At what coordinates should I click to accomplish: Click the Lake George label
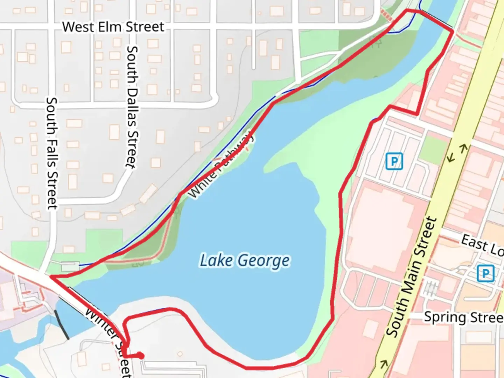tap(245, 261)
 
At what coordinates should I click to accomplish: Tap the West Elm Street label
tap(113, 27)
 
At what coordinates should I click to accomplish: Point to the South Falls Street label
tap(52, 153)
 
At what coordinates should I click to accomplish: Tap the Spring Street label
tap(463, 317)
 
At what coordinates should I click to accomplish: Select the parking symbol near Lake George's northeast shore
tap(394, 161)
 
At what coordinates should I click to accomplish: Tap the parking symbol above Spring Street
tap(485, 273)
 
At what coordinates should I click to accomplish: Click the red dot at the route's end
tap(140, 356)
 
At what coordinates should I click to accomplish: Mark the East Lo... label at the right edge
tap(482, 245)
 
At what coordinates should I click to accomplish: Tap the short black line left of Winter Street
tap(61, 324)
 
